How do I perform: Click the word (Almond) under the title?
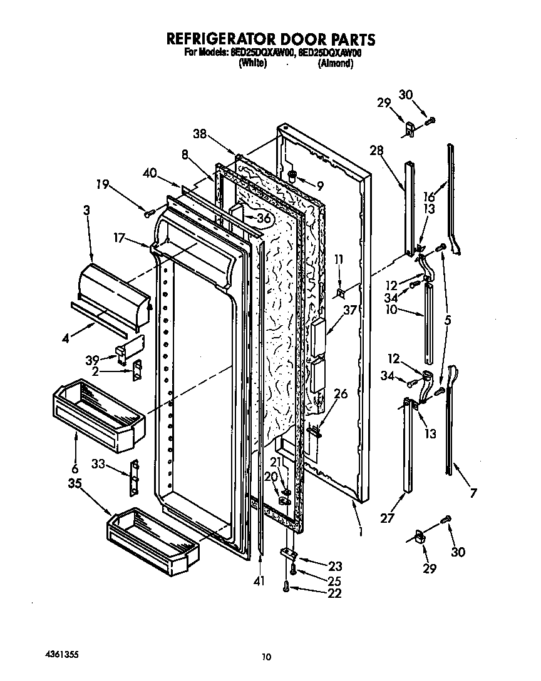[x=335, y=64]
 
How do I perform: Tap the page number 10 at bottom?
[x=267, y=656]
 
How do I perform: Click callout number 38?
[x=200, y=133]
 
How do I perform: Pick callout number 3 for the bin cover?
[x=86, y=211]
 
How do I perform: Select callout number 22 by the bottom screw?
[x=334, y=593]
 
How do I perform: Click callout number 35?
[x=75, y=483]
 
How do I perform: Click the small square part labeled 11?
[x=340, y=292]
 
